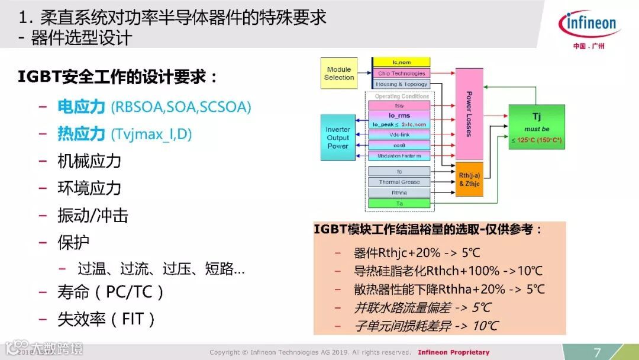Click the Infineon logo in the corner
[x=588, y=25]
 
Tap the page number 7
[x=597, y=352]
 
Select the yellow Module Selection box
[x=339, y=73]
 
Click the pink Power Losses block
[x=469, y=114]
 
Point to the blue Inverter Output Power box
[x=338, y=138]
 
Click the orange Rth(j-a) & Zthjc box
[x=469, y=179]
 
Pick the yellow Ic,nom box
[x=401, y=62]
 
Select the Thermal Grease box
[x=400, y=182]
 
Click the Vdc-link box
[x=400, y=135]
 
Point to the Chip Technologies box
[x=401, y=73]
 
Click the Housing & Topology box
[x=401, y=84]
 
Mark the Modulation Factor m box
[x=400, y=156]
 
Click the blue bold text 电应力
[x=81, y=107]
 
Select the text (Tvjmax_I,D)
[x=151, y=134]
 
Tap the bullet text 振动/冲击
[x=93, y=216]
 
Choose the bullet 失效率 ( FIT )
[x=106, y=320]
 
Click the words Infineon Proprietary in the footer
[x=453, y=352]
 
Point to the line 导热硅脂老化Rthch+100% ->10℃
[x=448, y=271]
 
